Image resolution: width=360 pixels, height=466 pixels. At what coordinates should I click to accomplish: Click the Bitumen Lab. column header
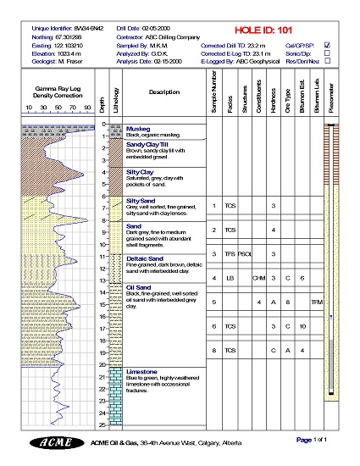(x=317, y=96)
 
